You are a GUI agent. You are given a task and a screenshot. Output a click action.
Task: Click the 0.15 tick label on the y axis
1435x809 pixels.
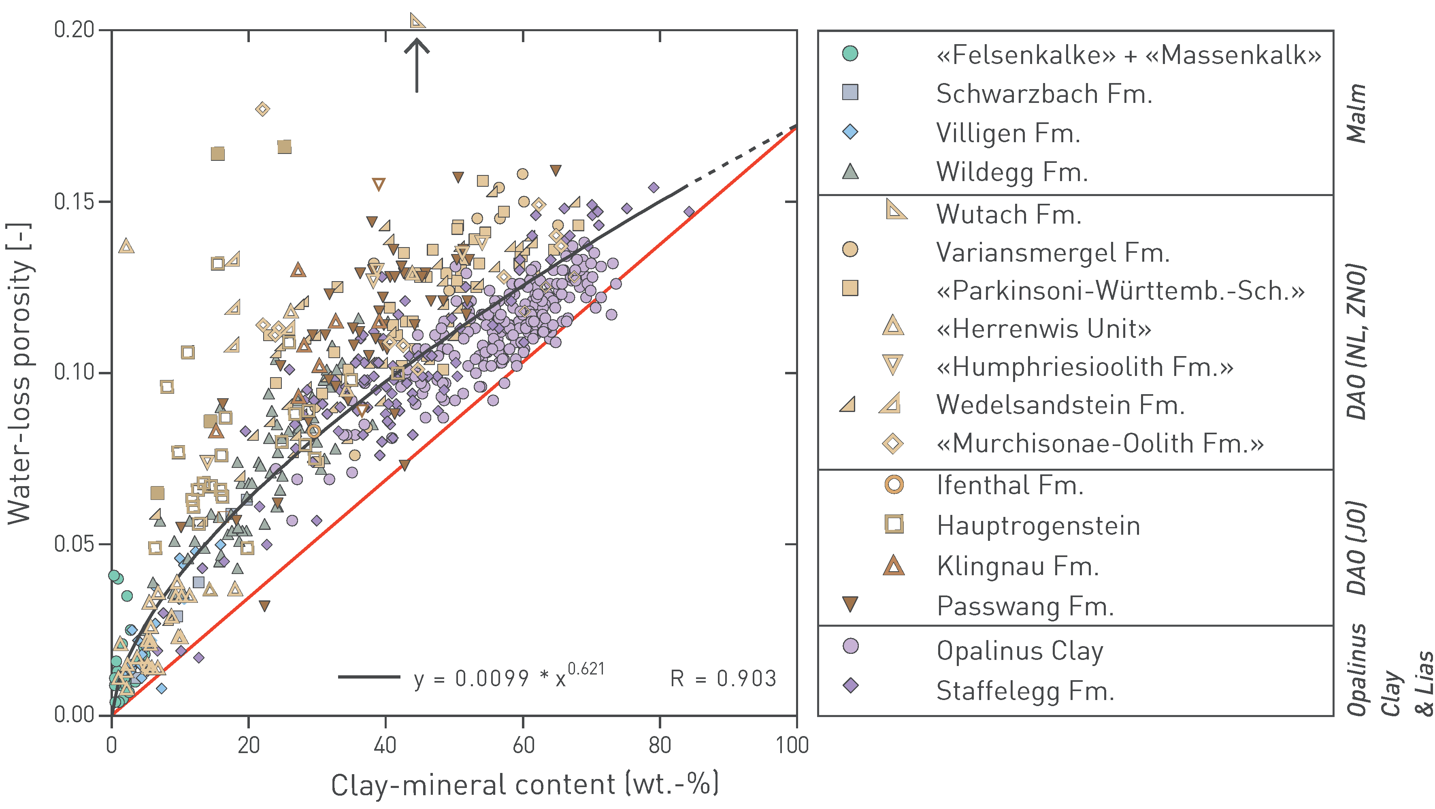click(75, 202)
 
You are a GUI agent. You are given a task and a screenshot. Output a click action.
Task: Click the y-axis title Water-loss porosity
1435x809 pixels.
click(19, 373)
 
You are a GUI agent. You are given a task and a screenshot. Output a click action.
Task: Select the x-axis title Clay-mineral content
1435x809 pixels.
click(524, 784)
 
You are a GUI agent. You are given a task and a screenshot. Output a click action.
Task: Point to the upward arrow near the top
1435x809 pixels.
click(417, 64)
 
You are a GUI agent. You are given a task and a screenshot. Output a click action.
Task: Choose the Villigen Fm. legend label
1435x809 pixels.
click(1008, 133)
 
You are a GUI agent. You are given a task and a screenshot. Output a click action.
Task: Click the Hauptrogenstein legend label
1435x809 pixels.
click(1038, 526)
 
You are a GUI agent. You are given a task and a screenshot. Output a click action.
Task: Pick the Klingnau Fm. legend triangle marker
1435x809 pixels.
click(894, 566)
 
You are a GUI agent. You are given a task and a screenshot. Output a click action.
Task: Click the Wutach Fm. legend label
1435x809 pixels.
click(1008, 215)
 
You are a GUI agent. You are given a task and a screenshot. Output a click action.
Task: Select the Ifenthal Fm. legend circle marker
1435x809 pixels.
click(894, 484)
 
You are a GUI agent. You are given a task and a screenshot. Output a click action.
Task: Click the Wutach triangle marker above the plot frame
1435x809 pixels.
click(417, 21)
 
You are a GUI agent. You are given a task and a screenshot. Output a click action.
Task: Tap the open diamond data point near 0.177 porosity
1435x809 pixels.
click(263, 109)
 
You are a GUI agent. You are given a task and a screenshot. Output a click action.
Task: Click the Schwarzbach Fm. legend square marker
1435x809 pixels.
click(850, 92)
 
